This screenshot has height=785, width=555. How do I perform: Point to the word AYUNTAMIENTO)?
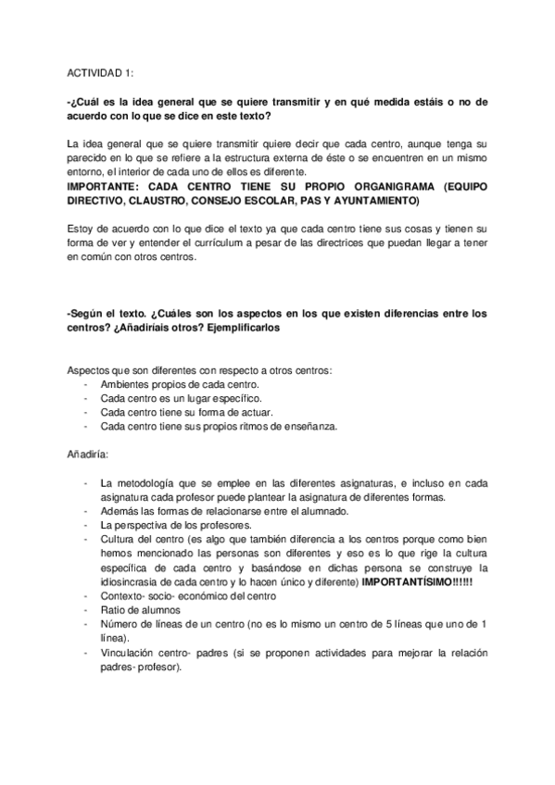(379, 200)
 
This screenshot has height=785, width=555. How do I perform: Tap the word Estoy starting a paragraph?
(82, 229)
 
